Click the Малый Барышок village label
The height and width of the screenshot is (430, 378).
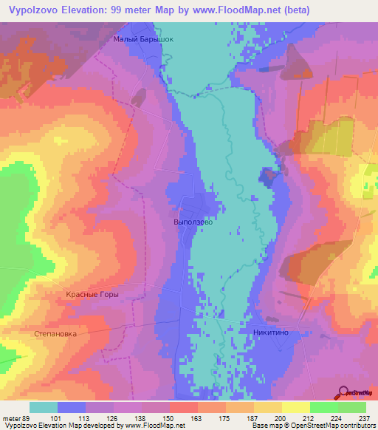[x=144, y=40]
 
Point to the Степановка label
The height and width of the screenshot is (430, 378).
[x=56, y=334]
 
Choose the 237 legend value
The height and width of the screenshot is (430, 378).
[x=365, y=417]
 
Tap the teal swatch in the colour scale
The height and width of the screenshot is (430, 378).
[x=44, y=407]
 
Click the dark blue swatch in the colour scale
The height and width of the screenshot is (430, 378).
[x=72, y=407]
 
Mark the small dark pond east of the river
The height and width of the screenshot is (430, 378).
[x=266, y=175]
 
